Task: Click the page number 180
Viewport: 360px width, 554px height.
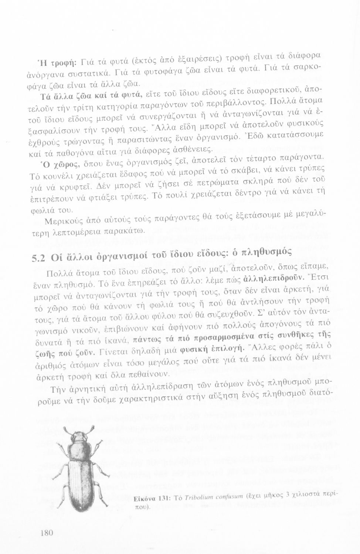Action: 45,533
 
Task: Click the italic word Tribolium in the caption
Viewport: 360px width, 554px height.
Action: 198,497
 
